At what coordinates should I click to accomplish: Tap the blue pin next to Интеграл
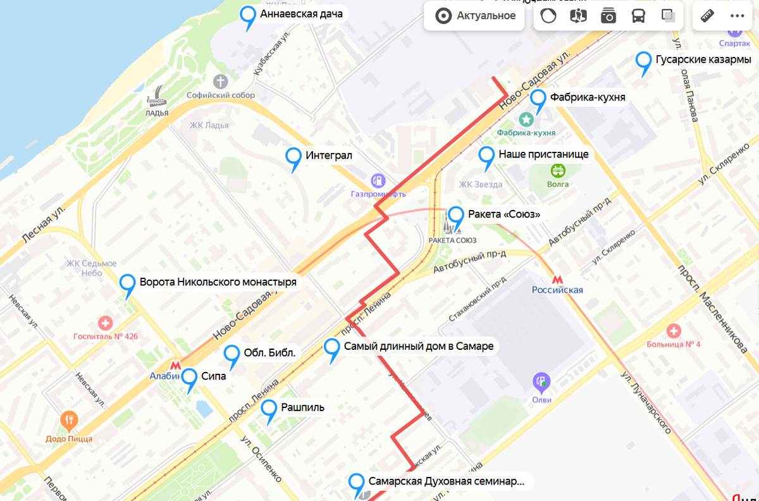pos(293,157)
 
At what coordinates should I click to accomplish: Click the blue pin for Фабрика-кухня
pos(538,99)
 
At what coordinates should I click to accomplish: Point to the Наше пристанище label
pos(543,154)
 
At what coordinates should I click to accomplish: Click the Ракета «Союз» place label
pos(504,214)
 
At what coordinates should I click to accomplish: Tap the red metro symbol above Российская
pos(557,278)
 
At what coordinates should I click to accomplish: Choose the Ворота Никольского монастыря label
pos(218,282)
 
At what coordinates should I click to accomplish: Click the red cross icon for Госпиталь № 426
pos(105,323)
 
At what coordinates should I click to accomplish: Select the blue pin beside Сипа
pos(189,378)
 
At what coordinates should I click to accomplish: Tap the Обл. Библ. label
pos(269,353)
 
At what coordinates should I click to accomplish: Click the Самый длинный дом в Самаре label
pos(418,346)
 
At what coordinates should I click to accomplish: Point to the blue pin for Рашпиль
pos(270,410)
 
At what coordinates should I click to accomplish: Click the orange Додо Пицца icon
pos(69,420)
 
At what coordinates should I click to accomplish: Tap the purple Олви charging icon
pos(541,381)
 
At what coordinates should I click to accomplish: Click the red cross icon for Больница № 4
pos(674,331)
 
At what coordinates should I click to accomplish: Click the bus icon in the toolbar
pos(638,16)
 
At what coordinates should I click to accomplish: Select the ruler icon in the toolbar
pos(707,16)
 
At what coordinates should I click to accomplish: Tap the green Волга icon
pos(558,170)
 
